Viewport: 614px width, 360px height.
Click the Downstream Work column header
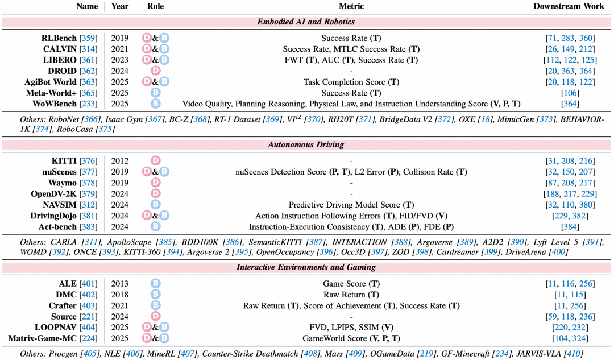coord(569,6)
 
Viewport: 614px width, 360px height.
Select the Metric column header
coord(351,6)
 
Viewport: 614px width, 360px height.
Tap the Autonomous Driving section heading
coord(306,144)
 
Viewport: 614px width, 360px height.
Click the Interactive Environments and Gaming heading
coord(306,267)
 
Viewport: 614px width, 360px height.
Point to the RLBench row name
coord(59,38)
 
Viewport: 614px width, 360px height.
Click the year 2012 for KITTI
coord(120,161)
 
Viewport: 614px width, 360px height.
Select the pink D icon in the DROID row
coord(155,71)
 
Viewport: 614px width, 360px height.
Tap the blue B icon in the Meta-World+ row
coord(155,93)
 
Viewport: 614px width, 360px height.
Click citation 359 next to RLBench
coord(88,38)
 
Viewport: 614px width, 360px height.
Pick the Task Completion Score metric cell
coord(351,82)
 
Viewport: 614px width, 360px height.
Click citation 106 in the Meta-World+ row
coord(570,93)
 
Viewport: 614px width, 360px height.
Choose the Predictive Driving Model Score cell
coord(351,205)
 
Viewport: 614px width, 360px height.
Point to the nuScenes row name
coord(60,172)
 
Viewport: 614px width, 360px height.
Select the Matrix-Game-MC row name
coord(42,338)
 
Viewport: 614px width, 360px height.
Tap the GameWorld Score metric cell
coord(351,338)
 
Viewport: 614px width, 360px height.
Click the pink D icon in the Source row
coord(155,316)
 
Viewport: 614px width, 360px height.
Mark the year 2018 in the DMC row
coord(120,295)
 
